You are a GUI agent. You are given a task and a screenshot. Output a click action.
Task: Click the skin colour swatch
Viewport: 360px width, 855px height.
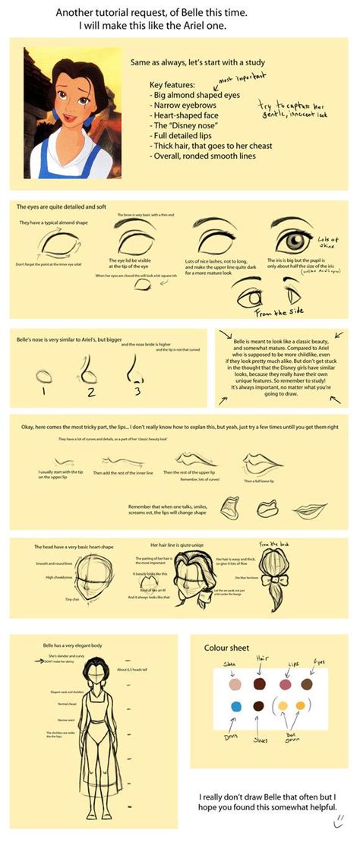[235, 684]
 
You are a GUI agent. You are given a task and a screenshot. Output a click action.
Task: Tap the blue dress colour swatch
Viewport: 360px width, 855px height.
[235, 707]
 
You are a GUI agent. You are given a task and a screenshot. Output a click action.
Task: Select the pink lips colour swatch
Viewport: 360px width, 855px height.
[286, 684]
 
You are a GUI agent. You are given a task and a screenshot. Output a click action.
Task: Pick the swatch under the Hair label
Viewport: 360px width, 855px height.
[259, 684]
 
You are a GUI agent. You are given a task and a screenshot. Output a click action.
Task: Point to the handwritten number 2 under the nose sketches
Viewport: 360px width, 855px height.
[90, 392]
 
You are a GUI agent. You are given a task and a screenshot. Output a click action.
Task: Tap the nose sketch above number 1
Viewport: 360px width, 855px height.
[44, 374]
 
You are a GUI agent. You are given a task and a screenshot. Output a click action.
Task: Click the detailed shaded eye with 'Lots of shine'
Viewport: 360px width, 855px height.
[292, 242]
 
